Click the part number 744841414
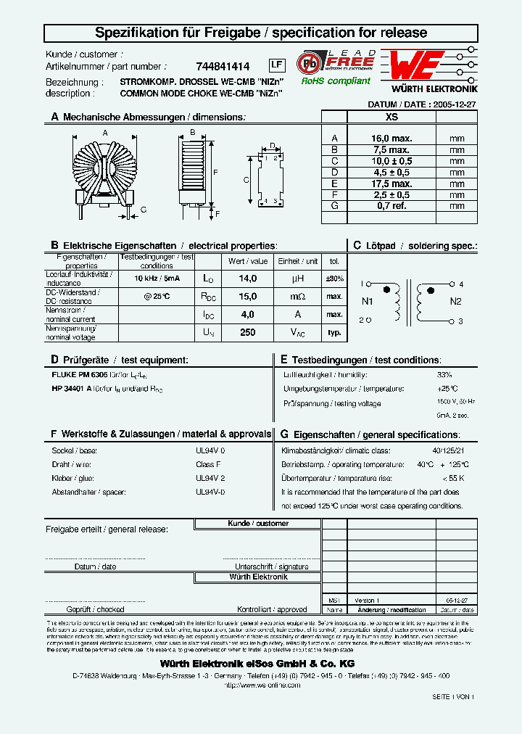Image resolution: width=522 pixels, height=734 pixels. [x=223, y=65]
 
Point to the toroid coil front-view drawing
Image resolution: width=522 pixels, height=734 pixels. [x=104, y=168]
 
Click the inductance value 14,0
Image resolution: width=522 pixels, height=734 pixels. [x=248, y=279]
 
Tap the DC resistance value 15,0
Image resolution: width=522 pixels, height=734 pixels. [x=248, y=297]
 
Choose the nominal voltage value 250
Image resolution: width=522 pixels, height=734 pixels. [x=248, y=331]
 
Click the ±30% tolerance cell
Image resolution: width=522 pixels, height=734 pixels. [x=334, y=279]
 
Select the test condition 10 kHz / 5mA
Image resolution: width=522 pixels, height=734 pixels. [x=157, y=279]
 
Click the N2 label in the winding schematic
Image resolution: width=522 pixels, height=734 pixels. [x=455, y=301]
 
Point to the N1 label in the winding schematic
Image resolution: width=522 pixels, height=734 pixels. [x=367, y=301]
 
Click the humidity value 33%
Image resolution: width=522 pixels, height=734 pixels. [x=444, y=375]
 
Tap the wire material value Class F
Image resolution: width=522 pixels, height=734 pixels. [x=208, y=464]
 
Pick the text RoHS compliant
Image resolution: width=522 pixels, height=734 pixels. [x=336, y=81]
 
